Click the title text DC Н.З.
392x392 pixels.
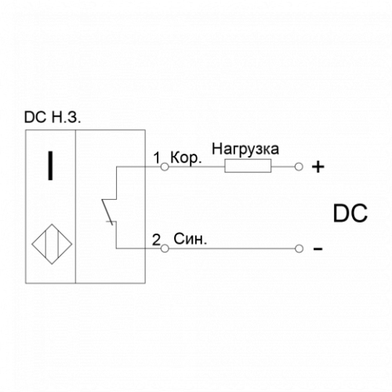click(53, 117)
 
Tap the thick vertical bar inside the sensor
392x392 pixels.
click(50, 166)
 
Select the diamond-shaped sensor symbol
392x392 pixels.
click(52, 244)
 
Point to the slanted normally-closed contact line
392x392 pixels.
click(107, 212)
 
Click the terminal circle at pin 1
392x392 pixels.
click(165, 167)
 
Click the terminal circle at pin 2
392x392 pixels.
click(165, 249)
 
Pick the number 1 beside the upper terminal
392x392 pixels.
click(157, 158)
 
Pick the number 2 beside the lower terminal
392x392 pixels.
click(156, 239)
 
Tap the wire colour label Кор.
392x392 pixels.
click(186, 158)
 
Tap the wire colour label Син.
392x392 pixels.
click(190, 239)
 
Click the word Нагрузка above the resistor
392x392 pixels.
click(245, 149)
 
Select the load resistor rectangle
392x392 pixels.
click(248, 166)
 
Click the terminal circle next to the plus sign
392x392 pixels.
click(299, 167)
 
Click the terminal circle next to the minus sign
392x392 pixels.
click(299, 249)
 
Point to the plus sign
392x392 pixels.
click(318, 167)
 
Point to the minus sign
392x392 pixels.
click(318, 249)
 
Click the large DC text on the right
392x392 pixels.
click(350, 213)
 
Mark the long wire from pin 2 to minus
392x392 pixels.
click(231, 249)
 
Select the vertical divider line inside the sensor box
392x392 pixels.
click(75, 206)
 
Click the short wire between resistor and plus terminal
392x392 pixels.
click(283, 167)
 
